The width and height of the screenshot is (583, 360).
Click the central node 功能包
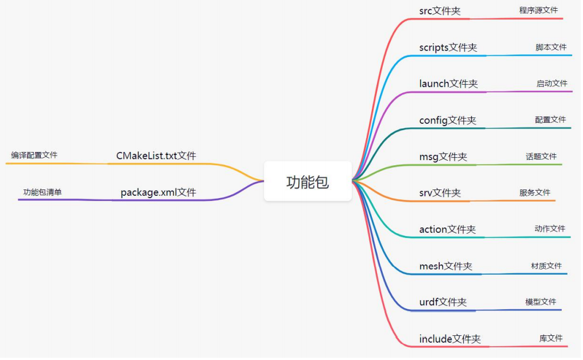(307, 181)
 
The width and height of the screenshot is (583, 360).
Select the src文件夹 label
(440, 11)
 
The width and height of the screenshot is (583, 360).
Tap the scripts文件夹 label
(448, 47)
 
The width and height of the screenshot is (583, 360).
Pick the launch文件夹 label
(448, 84)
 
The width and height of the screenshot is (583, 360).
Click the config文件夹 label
(447, 120)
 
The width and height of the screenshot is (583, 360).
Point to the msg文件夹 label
(443, 157)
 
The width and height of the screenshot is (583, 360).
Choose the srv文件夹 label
(440, 193)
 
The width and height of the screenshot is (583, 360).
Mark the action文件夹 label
(447, 229)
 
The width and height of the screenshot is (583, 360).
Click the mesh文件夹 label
(445, 266)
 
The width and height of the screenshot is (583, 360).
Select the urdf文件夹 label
(443, 302)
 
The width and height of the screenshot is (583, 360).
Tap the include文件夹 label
(449, 339)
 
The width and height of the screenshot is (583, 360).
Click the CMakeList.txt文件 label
(156, 156)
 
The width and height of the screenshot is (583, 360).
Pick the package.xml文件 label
(158, 192)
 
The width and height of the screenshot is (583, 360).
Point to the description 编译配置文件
(34, 155)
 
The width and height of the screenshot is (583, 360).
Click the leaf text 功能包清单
(42, 192)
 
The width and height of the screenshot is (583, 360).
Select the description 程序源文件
(538, 10)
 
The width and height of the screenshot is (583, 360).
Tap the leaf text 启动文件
(551, 84)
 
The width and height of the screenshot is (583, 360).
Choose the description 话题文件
(541, 156)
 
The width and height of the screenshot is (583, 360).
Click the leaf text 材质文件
(546, 266)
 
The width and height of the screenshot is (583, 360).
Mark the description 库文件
(551, 338)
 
